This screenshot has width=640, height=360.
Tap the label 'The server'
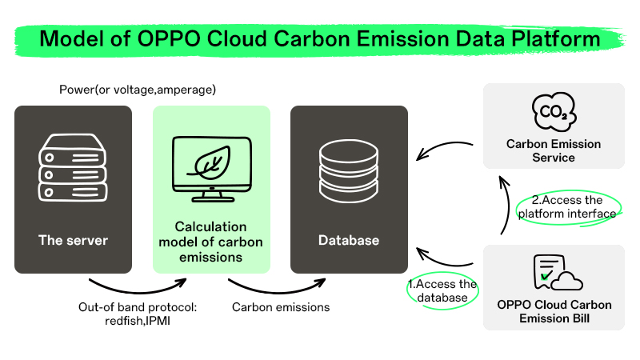pos(73,240)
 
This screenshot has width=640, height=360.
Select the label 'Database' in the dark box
pos(349,240)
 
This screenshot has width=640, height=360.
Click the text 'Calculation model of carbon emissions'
pos(211,242)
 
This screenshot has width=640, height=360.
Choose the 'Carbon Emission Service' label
pos(553,151)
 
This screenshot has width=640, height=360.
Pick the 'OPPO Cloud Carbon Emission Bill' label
pos(553,311)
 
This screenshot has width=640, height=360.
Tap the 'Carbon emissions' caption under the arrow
pos(280,306)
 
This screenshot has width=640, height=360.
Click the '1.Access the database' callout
pos(442,291)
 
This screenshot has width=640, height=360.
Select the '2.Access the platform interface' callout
pos(566,207)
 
